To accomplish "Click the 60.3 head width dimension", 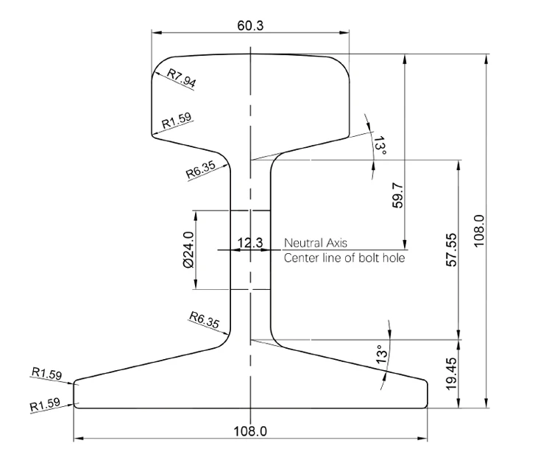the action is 250,26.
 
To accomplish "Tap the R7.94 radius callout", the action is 182,78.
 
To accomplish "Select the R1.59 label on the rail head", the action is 177,121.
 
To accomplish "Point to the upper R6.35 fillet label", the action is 201,169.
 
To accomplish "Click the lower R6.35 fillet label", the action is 205,320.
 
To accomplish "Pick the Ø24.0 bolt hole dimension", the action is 188,249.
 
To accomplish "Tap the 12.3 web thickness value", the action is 250,243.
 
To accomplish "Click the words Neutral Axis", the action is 316,243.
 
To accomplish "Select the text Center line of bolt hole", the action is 344,258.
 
